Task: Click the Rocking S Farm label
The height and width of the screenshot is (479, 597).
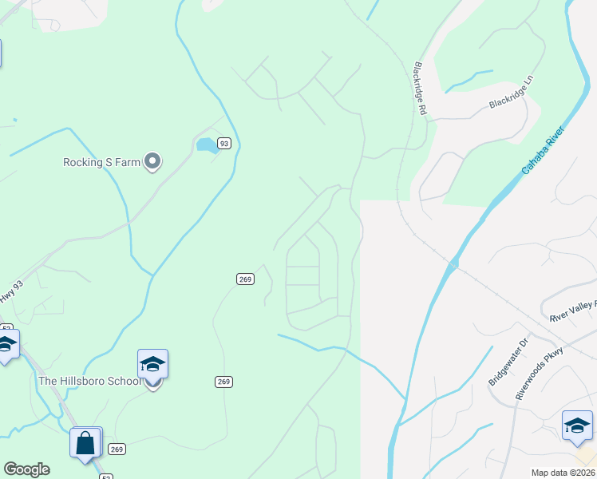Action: click(x=101, y=162)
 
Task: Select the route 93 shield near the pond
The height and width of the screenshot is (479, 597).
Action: click(x=224, y=144)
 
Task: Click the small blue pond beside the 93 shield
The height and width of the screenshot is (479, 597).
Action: click(x=206, y=145)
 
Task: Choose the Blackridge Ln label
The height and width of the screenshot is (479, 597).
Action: click(x=511, y=102)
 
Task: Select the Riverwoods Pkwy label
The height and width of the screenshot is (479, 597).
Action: click(x=540, y=372)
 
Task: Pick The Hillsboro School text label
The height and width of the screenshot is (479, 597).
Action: click(x=89, y=381)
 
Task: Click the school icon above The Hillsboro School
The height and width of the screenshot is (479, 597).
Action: click(x=152, y=365)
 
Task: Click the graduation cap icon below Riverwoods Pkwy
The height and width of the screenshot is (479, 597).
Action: click(x=577, y=426)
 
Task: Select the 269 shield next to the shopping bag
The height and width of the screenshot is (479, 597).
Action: click(x=117, y=449)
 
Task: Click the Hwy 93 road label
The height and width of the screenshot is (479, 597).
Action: click(x=7, y=295)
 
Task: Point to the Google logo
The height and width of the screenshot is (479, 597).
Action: click(x=26, y=469)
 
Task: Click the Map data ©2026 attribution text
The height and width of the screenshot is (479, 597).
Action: click(x=563, y=473)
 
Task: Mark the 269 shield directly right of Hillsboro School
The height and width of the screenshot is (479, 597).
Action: click(x=223, y=382)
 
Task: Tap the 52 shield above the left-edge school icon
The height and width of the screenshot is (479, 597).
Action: click(x=6, y=328)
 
